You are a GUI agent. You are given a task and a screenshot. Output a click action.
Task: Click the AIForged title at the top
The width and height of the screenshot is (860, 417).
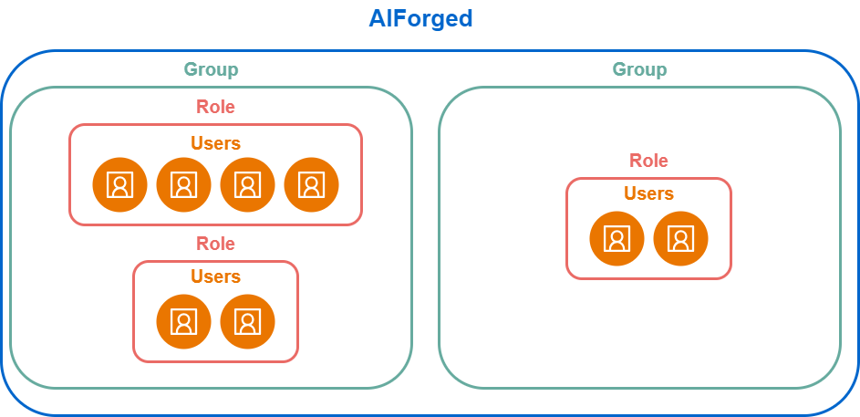click(420, 18)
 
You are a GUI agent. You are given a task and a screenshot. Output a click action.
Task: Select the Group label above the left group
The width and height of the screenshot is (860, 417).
click(212, 69)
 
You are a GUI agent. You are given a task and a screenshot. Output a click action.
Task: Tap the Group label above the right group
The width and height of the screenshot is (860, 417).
click(639, 69)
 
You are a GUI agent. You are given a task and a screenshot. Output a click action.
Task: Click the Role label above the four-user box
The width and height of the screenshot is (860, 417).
click(215, 107)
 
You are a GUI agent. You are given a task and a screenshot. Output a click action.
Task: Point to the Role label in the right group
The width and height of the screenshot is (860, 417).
click(648, 161)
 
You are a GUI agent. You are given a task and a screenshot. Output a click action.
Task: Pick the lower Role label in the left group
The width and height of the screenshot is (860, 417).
click(215, 244)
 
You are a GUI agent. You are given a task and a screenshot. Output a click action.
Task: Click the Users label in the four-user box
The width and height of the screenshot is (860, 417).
click(215, 143)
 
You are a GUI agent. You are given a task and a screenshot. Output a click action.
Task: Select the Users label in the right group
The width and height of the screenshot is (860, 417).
click(648, 193)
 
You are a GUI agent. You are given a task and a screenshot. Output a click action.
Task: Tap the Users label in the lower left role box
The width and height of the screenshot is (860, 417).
click(215, 276)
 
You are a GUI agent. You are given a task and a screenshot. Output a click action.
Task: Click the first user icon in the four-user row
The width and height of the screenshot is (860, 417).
click(119, 185)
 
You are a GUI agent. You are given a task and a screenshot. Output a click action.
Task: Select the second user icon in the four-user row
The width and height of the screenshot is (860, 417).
click(183, 185)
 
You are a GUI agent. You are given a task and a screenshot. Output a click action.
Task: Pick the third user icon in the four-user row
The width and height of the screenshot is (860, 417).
click(247, 185)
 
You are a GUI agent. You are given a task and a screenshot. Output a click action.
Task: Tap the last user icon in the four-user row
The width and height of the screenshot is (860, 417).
click(312, 185)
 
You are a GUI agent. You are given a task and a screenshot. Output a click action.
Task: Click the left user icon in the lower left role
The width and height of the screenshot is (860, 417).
click(183, 321)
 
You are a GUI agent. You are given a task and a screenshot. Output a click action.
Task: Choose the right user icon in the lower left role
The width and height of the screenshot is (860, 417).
click(247, 321)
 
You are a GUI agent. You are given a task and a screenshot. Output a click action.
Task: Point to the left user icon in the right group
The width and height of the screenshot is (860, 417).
click(617, 239)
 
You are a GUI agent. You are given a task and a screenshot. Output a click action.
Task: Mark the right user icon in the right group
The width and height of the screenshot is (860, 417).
click(680, 239)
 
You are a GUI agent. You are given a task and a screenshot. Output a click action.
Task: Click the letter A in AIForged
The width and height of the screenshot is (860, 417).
click(378, 18)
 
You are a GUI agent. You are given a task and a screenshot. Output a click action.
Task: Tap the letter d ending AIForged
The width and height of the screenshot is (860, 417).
click(465, 18)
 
